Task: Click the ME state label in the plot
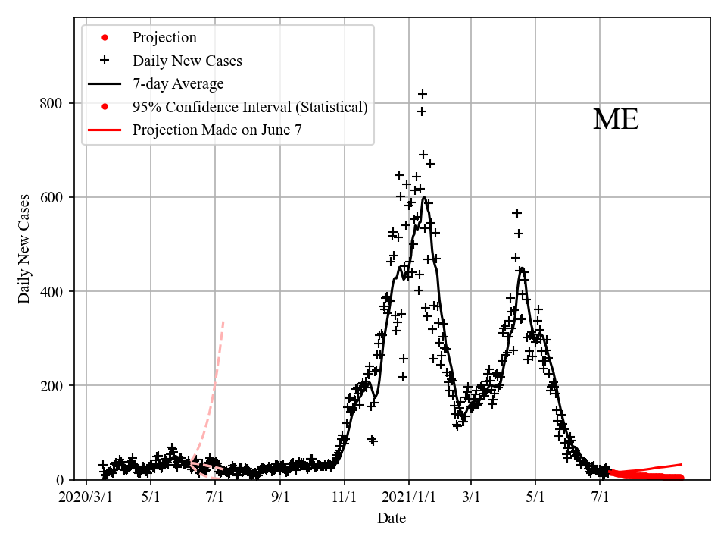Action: [x=616, y=120]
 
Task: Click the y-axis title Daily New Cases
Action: [x=24, y=249]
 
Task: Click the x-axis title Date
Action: [x=392, y=519]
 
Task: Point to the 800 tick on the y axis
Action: [x=51, y=103]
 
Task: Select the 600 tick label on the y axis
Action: [x=51, y=197]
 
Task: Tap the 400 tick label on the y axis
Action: [x=51, y=291]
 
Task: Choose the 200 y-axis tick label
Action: [x=51, y=385]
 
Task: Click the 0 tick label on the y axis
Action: [x=60, y=480]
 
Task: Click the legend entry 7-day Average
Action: [x=178, y=83]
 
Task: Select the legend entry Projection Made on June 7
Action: [x=217, y=130]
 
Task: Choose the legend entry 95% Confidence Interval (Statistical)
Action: [x=250, y=107]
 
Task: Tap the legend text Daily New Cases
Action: [x=187, y=61]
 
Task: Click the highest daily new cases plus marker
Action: [x=423, y=94]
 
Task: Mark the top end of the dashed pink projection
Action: [x=223, y=321]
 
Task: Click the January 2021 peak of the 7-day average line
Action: [x=424, y=197]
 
